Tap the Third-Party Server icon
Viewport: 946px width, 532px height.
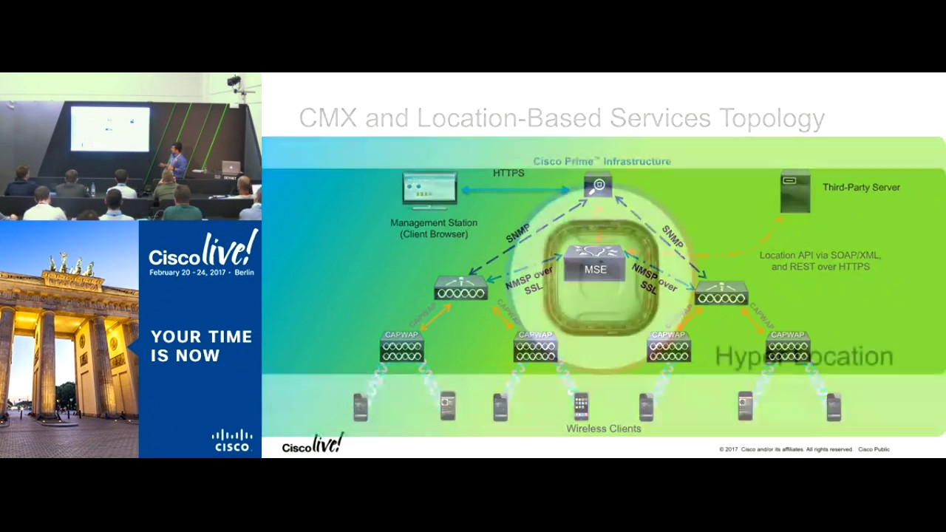(x=795, y=191)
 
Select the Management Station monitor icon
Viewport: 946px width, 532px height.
(x=429, y=191)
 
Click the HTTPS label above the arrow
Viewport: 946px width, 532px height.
(x=508, y=173)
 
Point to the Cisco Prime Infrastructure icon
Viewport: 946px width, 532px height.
(x=598, y=185)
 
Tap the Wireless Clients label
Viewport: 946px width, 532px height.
(x=603, y=429)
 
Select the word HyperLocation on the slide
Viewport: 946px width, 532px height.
(x=804, y=357)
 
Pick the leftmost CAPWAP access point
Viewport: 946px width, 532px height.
(x=401, y=347)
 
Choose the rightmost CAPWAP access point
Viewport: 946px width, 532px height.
(x=788, y=347)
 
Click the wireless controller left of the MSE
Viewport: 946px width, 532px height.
(x=460, y=288)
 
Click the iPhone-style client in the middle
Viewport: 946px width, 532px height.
(x=581, y=406)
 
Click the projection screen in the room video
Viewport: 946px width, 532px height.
(x=110, y=128)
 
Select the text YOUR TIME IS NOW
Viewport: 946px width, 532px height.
(x=201, y=346)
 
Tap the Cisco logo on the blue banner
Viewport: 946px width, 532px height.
(x=233, y=440)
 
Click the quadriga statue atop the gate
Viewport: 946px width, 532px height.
(x=72, y=264)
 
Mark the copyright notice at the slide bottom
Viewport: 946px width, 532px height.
(x=803, y=449)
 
